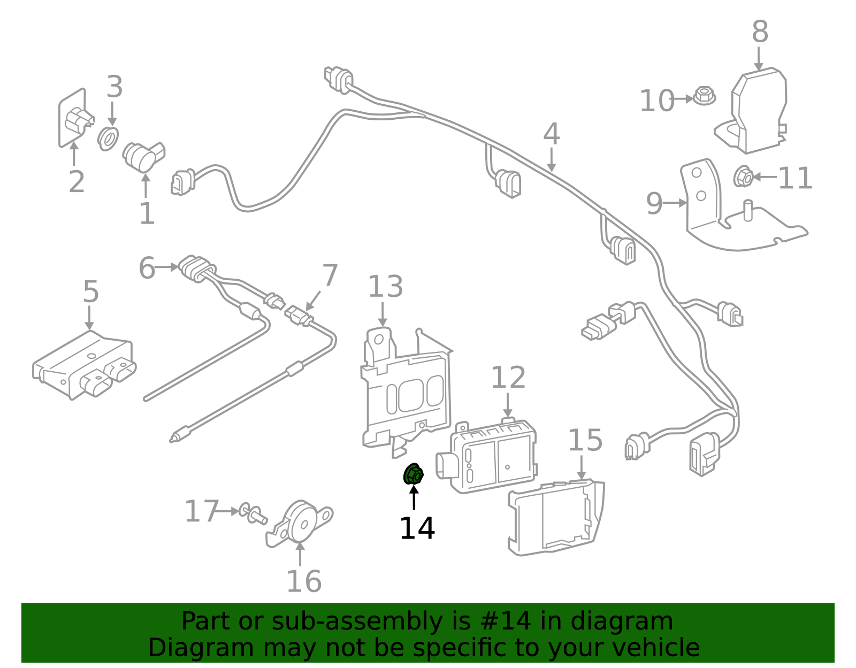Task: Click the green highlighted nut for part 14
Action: pyautogui.click(x=413, y=474)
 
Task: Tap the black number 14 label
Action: pyautogui.click(x=417, y=528)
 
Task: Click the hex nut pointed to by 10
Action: pyautogui.click(x=705, y=97)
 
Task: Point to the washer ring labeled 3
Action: pyautogui.click(x=109, y=139)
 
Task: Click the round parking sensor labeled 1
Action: pyautogui.click(x=142, y=156)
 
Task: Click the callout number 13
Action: pyautogui.click(x=385, y=287)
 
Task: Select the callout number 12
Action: pyautogui.click(x=508, y=378)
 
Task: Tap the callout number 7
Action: pyautogui.click(x=330, y=275)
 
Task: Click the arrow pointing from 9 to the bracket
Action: pyautogui.click(x=676, y=203)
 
